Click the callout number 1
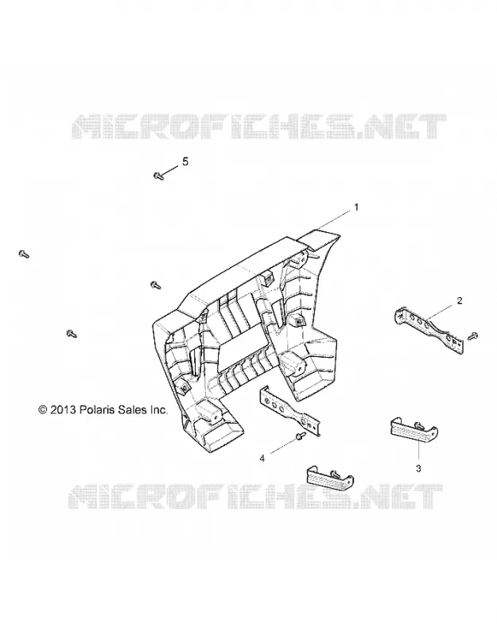click(x=356, y=207)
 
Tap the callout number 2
click(x=460, y=301)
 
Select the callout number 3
click(x=418, y=468)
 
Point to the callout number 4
click(x=262, y=459)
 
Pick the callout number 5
click(x=185, y=162)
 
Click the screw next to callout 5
click(x=158, y=176)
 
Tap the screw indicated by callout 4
click(x=301, y=436)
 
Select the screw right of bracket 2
click(x=472, y=336)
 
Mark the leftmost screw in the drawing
click(x=24, y=254)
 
